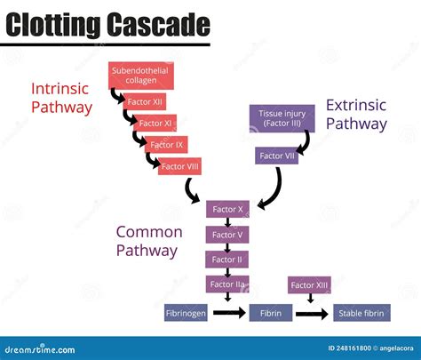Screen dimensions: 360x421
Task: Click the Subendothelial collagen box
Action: click(139, 75)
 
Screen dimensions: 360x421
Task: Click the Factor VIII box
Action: click(180, 165)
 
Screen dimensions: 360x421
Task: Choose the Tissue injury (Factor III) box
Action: click(282, 118)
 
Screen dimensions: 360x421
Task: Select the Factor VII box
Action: click(276, 156)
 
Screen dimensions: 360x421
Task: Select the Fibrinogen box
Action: click(185, 313)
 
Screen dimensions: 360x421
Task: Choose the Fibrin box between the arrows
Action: click(269, 313)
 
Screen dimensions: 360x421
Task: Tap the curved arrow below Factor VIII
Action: click(193, 189)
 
